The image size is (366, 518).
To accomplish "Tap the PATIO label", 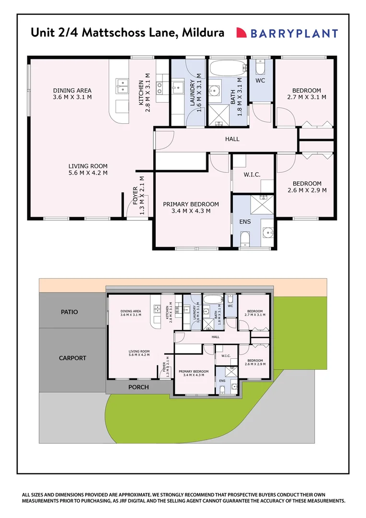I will pos(69,312).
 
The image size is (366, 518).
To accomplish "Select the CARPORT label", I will pos(73,358).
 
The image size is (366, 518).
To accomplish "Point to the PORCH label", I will pos(138,387).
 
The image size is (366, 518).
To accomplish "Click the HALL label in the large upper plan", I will pos(232,139).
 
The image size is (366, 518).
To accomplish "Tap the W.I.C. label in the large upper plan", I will pos(252,175).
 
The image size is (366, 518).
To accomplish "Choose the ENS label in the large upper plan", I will pos(245,222).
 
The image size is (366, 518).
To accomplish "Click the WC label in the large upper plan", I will pos(260,81).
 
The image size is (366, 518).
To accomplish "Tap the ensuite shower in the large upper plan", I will pos(262,204).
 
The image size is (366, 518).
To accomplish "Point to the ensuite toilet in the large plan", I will pos(244,238).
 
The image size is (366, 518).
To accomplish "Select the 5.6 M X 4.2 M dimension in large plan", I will pos(88,173).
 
